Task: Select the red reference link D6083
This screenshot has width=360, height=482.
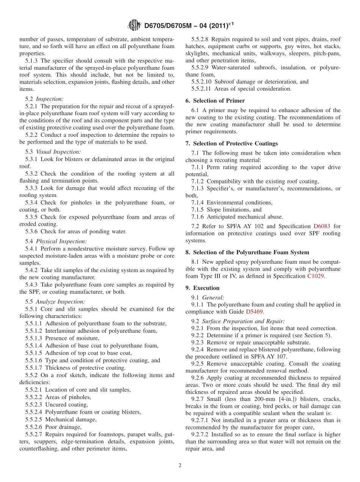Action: pos(322,226)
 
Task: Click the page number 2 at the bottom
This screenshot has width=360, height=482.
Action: pos(180,465)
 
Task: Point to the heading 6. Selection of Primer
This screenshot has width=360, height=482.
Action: pos(215,101)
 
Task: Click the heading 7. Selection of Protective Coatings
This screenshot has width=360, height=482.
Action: pos(232,144)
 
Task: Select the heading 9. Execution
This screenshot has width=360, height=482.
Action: pos(202,288)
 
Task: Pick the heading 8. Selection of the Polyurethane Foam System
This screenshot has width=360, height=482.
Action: pos(247,252)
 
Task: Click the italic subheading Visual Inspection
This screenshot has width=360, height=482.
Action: pos(58,152)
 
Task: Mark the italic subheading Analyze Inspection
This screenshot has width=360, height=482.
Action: pos(60,302)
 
